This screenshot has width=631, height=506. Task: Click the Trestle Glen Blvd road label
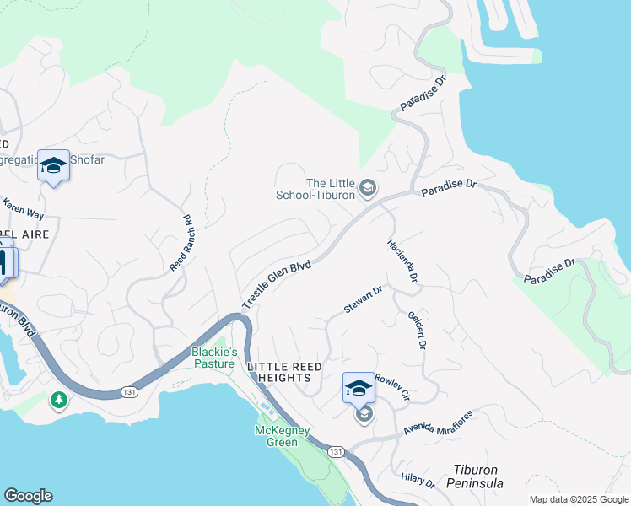277,285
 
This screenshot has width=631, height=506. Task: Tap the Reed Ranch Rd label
182,243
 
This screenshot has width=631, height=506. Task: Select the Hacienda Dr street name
402,259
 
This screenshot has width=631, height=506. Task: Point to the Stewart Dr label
364,299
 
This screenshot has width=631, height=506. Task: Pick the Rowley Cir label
392,387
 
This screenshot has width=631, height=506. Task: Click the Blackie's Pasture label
213,358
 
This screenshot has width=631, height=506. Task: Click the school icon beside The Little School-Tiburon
367,188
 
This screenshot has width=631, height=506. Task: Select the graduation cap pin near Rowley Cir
359,389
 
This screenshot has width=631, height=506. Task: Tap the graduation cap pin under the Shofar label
53,166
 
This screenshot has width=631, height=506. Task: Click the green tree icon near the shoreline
59,397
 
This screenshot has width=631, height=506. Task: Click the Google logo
28,496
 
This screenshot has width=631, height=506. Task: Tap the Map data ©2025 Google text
578,499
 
